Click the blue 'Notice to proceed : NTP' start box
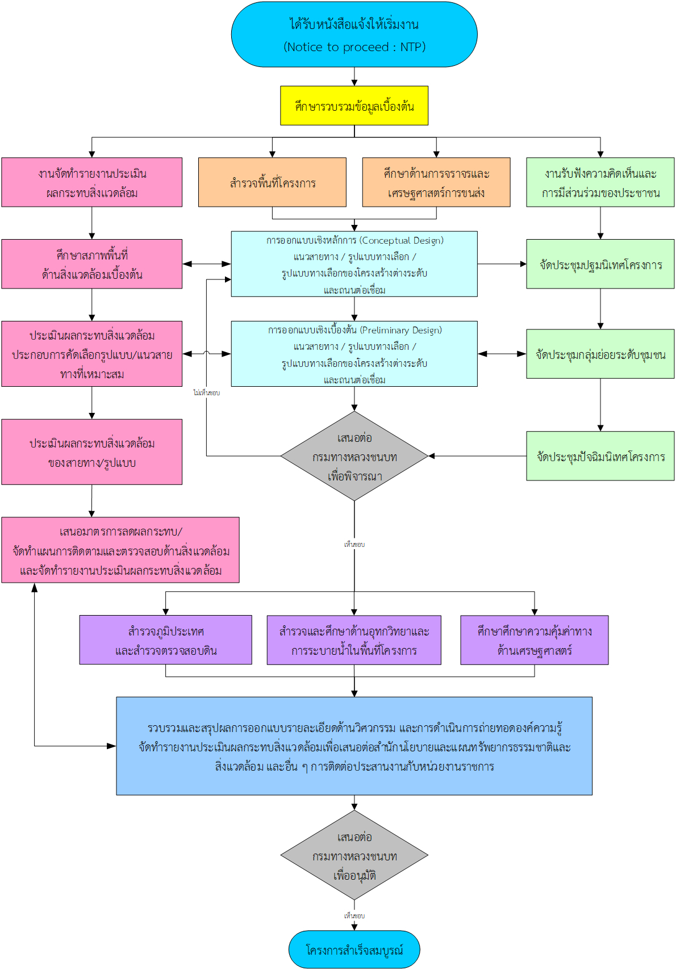(354, 34)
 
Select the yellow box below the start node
(354, 106)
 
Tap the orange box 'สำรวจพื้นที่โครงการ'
(273, 182)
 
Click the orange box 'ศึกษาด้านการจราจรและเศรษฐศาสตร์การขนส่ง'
(436, 182)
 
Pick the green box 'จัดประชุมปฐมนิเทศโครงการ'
(600, 264)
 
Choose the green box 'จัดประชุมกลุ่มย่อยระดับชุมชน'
(600, 354)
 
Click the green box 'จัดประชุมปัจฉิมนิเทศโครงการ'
(600, 456)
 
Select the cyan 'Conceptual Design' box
(354, 264)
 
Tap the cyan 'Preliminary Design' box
(354, 354)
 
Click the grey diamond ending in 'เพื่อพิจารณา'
(354, 456)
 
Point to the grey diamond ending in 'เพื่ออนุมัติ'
(354, 855)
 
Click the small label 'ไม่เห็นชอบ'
(207, 393)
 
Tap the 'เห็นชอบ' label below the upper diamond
(354, 544)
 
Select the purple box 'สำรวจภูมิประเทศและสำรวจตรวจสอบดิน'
(165, 640)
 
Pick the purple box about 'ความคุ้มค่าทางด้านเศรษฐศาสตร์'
(535, 640)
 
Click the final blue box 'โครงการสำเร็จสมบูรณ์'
(354, 950)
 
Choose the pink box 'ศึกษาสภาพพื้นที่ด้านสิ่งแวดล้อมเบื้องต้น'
(92, 264)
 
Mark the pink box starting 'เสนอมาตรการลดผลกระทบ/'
(120, 550)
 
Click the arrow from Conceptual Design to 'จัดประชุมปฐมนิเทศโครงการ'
(502, 264)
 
